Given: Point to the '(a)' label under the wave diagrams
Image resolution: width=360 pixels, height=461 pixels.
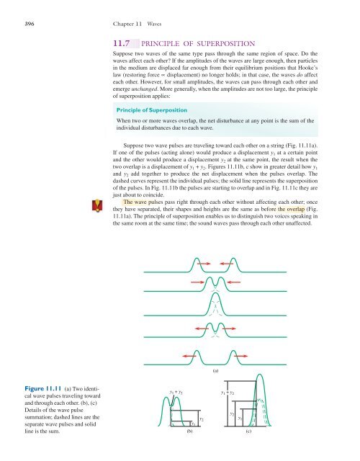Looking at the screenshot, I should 217,372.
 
